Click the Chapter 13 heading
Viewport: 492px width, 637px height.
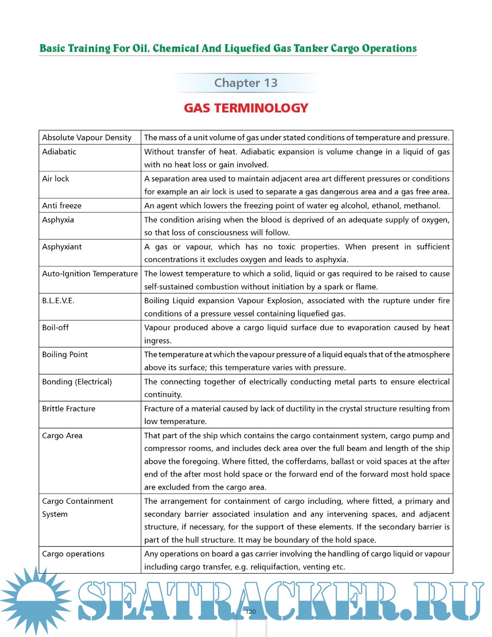(246, 83)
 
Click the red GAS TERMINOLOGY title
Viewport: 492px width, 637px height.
(246, 108)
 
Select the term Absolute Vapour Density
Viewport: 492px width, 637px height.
(87, 138)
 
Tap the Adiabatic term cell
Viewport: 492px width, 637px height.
(59, 152)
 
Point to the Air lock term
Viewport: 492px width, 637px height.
(56, 179)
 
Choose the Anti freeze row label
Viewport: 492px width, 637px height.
(61, 206)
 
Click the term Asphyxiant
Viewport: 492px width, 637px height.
(62, 247)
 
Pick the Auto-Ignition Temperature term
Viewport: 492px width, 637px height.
(90, 274)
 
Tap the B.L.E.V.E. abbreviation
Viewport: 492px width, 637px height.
(58, 300)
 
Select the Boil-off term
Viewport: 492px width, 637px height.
(56, 327)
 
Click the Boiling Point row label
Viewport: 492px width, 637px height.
(65, 354)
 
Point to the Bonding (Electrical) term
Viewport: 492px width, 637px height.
(77, 382)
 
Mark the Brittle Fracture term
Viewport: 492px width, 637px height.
(69, 409)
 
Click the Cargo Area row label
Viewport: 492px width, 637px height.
(62, 435)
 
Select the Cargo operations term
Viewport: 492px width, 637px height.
(73, 554)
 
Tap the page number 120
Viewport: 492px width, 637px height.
(251, 611)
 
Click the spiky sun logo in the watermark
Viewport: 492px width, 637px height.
(36, 600)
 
